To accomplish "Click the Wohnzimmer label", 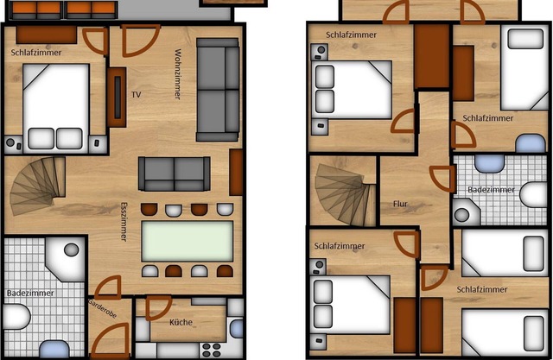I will (177, 74).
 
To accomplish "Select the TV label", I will (136, 93).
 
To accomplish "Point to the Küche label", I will (181, 323).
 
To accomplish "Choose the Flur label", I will (399, 205).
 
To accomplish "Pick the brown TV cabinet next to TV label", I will (117, 97).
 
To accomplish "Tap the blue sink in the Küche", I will (236, 329).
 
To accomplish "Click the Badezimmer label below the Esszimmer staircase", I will (30, 294).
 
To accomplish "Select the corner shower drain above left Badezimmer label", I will (70, 250).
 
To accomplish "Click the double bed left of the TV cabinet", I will (55, 108).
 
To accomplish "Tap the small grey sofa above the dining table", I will (175, 174).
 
